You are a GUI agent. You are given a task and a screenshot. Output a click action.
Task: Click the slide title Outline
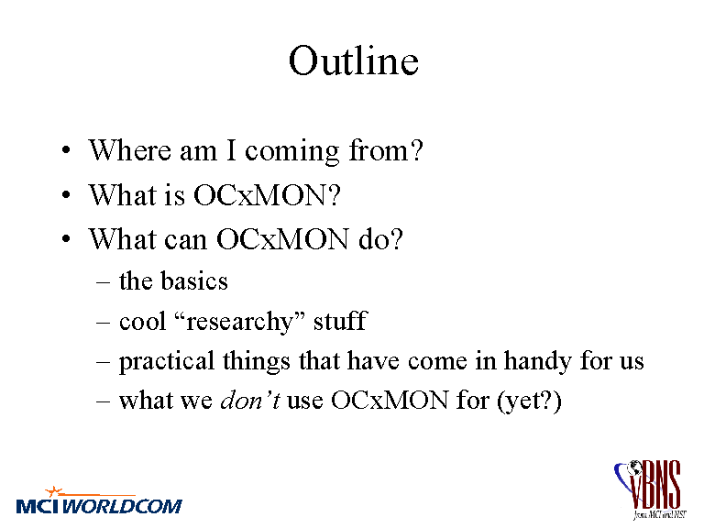tap(354, 60)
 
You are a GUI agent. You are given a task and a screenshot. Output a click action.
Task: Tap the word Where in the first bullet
tap(129, 150)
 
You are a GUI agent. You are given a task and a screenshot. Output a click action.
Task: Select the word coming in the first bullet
tap(291, 152)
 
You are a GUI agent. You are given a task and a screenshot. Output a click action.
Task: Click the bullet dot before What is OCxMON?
tap(66, 195)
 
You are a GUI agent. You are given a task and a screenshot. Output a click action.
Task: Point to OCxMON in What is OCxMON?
tap(267, 194)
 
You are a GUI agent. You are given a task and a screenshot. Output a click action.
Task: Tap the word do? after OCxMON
tap(380, 238)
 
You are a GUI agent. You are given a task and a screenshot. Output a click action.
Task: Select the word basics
tap(194, 281)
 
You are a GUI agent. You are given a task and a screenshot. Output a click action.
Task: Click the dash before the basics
tap(103, 283)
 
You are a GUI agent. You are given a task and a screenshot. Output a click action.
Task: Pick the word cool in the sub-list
tap(142, 322)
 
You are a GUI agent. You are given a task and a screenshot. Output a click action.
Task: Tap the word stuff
tap(340, 321)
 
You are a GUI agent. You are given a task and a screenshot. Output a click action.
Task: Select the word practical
tap(167, 362)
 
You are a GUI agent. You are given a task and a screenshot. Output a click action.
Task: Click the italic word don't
tap(250, 400)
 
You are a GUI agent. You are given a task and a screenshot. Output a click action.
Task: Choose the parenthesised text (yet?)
tap(529, 401)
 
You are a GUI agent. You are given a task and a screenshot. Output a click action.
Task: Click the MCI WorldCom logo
tap(99, 500)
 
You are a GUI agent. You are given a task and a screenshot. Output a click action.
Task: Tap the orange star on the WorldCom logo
tap(54, 491)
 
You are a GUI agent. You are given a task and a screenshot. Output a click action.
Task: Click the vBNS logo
tap(650, 489)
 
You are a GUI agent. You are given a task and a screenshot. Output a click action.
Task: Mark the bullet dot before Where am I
tap(66, 150)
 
